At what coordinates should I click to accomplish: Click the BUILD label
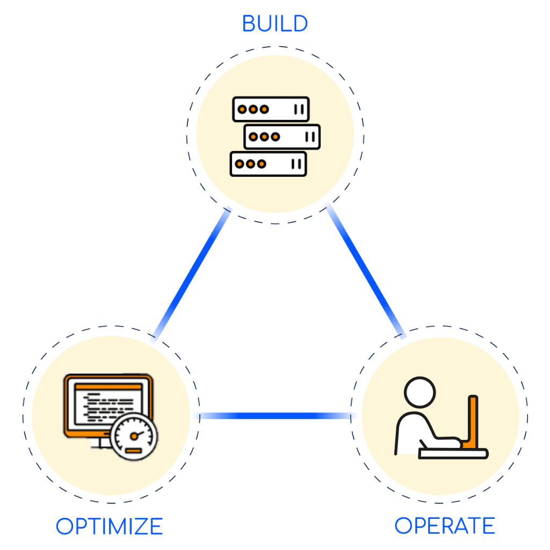[274, 24]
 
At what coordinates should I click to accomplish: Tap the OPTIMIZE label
[109, 526]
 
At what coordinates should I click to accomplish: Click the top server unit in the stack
[271, 110]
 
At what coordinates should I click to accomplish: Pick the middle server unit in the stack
[282, 136]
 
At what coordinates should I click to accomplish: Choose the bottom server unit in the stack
[268, 164]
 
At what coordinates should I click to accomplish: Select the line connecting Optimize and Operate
[275, 415]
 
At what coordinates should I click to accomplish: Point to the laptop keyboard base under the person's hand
[453, 454]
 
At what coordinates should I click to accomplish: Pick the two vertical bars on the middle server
[310, 136]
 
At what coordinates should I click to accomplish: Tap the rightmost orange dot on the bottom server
[262, 164]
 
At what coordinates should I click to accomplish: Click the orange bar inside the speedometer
[133, 450]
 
